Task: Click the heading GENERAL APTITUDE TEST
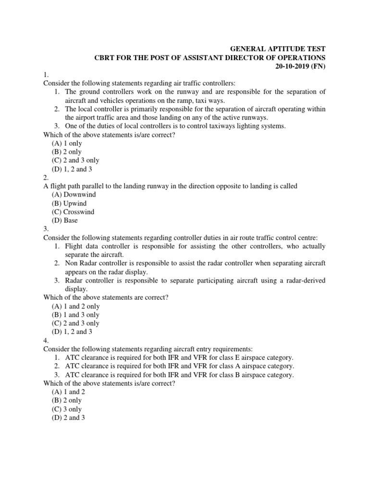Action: tap(278, 49)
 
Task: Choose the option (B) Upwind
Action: tap(69, 203)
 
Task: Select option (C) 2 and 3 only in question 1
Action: tap(75, 160)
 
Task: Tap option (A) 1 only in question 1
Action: tap(67, 143)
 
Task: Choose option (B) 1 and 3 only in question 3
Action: tap(75, 315)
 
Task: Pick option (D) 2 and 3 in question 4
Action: tap(69, 418)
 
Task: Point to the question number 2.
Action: tap(46, 177)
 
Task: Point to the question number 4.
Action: tap(46, 340)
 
